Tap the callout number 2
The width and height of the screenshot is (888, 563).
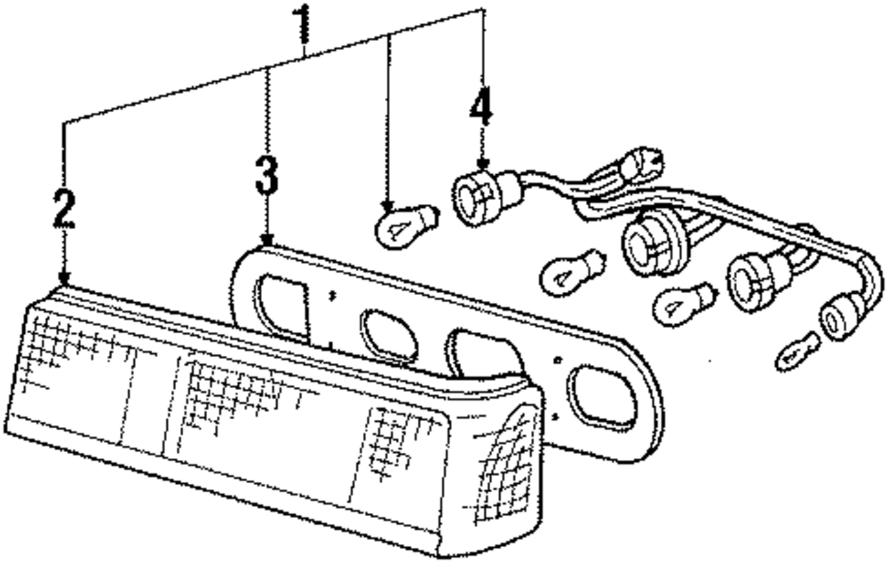click(62, 210)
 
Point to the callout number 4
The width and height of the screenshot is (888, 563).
click(480, 109)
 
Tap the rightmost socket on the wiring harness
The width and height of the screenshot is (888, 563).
click(837, 318)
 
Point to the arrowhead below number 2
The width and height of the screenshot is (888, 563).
click(63, 280)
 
